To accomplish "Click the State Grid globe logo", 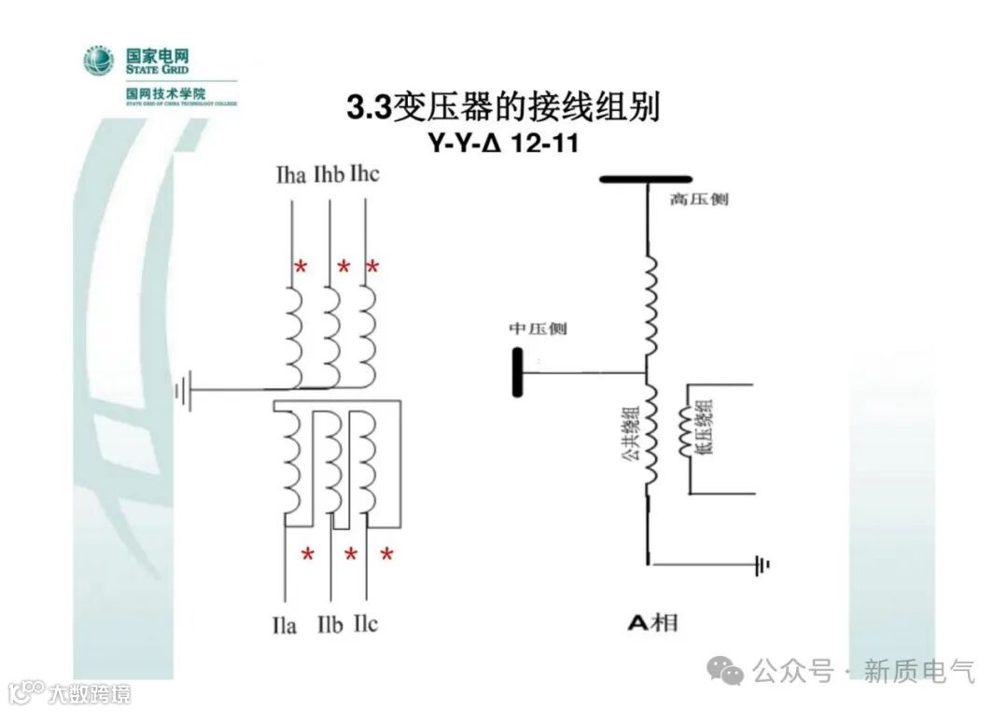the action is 98,61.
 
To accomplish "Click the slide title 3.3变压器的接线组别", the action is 503,107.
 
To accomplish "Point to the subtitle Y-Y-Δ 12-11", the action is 503,146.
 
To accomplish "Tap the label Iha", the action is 291,175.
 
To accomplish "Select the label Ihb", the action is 329,175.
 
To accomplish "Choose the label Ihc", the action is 365,175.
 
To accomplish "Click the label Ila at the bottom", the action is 284,624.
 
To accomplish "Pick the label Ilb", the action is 329,624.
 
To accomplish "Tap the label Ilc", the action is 366,624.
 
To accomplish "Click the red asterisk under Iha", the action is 301,268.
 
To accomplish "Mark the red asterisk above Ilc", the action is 386,555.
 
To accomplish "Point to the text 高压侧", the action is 699,200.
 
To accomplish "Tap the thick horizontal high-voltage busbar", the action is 646,178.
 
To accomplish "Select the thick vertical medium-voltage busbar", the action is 515,371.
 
